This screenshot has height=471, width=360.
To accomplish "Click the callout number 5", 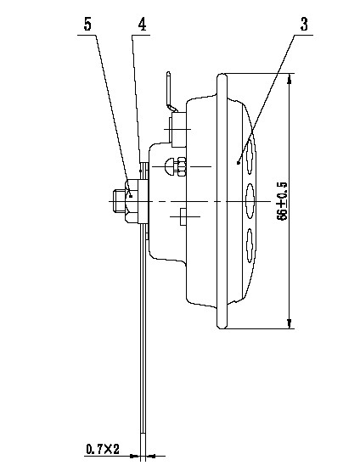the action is tap(87, 25).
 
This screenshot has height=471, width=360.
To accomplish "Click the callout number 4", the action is tap(142, 25).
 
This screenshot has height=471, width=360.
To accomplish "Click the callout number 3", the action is tap(304, 25).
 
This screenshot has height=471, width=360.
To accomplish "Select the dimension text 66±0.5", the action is tap(283, 201).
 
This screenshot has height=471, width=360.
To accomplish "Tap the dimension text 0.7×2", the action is tap(103, 450).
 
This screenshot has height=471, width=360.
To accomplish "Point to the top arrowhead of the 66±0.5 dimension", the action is tap(289, 79).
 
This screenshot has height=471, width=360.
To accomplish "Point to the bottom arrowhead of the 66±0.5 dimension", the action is tap(289, 323).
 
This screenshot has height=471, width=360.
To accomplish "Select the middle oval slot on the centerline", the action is tap(250, 201).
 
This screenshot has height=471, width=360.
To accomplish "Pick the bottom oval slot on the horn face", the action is tap(250, 246).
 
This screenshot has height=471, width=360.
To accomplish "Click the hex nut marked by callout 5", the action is tap(132, 201).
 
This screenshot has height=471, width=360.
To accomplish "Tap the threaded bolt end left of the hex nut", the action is tap(120, 201).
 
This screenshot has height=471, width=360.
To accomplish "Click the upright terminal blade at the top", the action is tap(169, 90).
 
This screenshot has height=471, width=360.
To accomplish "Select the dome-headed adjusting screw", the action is tap(169, 166).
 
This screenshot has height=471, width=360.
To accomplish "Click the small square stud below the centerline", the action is tap(183, 216).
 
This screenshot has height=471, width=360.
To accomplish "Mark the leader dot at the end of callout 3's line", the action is tap(238, 163).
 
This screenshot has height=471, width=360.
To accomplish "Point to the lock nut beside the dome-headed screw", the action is tap(182, 166).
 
